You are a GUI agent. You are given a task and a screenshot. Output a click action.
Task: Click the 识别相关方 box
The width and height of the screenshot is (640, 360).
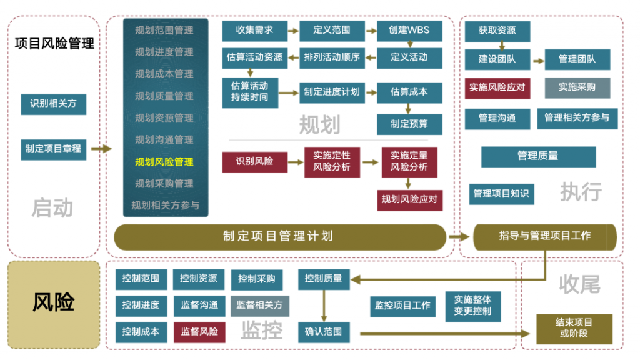[x=54, y=104]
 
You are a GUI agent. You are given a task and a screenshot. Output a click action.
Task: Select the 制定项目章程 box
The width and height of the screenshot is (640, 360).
[x=54, y=149]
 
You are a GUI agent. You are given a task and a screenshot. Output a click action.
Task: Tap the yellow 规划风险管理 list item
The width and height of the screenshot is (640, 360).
[x=164, y=162]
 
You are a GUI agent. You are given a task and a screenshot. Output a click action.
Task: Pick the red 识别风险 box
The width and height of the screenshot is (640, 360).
[x=255, y=162]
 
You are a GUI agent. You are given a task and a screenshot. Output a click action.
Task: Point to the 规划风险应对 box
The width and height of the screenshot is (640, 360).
[x=410, y=200]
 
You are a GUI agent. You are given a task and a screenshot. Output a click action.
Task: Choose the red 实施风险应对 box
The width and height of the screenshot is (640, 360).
[x=497, y=88]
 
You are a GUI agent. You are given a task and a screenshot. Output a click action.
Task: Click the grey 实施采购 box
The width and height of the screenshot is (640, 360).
[x=577, y=87]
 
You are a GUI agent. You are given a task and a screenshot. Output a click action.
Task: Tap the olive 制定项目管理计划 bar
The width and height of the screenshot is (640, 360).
[x=280, y=237]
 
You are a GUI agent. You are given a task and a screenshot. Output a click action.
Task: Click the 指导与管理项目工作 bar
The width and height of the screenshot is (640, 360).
[x=545, y=237]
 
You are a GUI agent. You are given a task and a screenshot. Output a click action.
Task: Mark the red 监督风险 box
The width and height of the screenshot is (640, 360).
[x=199, y=332]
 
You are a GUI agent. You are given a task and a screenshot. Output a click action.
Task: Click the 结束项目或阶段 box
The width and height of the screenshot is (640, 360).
[x=574, y=329]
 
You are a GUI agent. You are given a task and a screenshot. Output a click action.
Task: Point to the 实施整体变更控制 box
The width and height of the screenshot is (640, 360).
[x=473, y=306]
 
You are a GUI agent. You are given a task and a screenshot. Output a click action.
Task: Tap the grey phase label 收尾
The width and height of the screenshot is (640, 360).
[x=579, y=284]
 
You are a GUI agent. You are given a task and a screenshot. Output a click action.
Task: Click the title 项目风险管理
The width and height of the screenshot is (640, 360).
[x=54, y=44]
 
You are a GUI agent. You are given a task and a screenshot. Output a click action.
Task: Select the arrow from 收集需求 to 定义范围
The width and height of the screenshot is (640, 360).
[x=294, y=31]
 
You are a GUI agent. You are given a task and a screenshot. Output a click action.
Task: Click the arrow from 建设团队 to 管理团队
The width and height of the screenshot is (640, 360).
[x=539, y=61]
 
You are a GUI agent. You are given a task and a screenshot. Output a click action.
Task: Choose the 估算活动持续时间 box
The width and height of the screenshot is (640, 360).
[x=250, y=92]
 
